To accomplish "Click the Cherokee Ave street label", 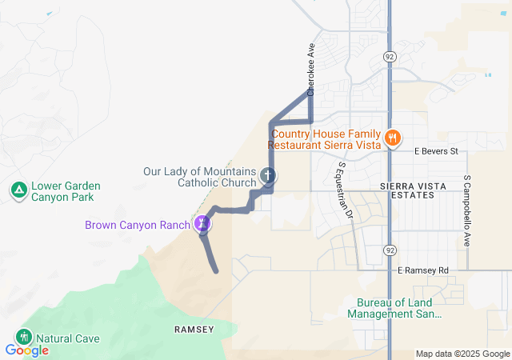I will pyautogui.click(x=310, y=70).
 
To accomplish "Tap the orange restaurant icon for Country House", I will pyautogui.click(x=392, y=138).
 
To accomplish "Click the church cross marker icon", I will pyautogui.click(x=268, y=175).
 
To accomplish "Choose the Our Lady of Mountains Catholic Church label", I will pyautogui.click(x=199, y=177).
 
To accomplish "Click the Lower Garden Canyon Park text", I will pyautogui.click(x=62, y=191).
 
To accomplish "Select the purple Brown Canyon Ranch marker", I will pyautogui.click(x=202, y=224).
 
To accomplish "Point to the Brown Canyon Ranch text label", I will pyautogui.click(x=137, y=224).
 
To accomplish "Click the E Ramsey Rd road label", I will pyautogui.click(x=424, y=271).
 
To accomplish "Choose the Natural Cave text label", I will pyautogui.click(x=68, y=338).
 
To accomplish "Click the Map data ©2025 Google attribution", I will pyautogui.click(x=462, y=354).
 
